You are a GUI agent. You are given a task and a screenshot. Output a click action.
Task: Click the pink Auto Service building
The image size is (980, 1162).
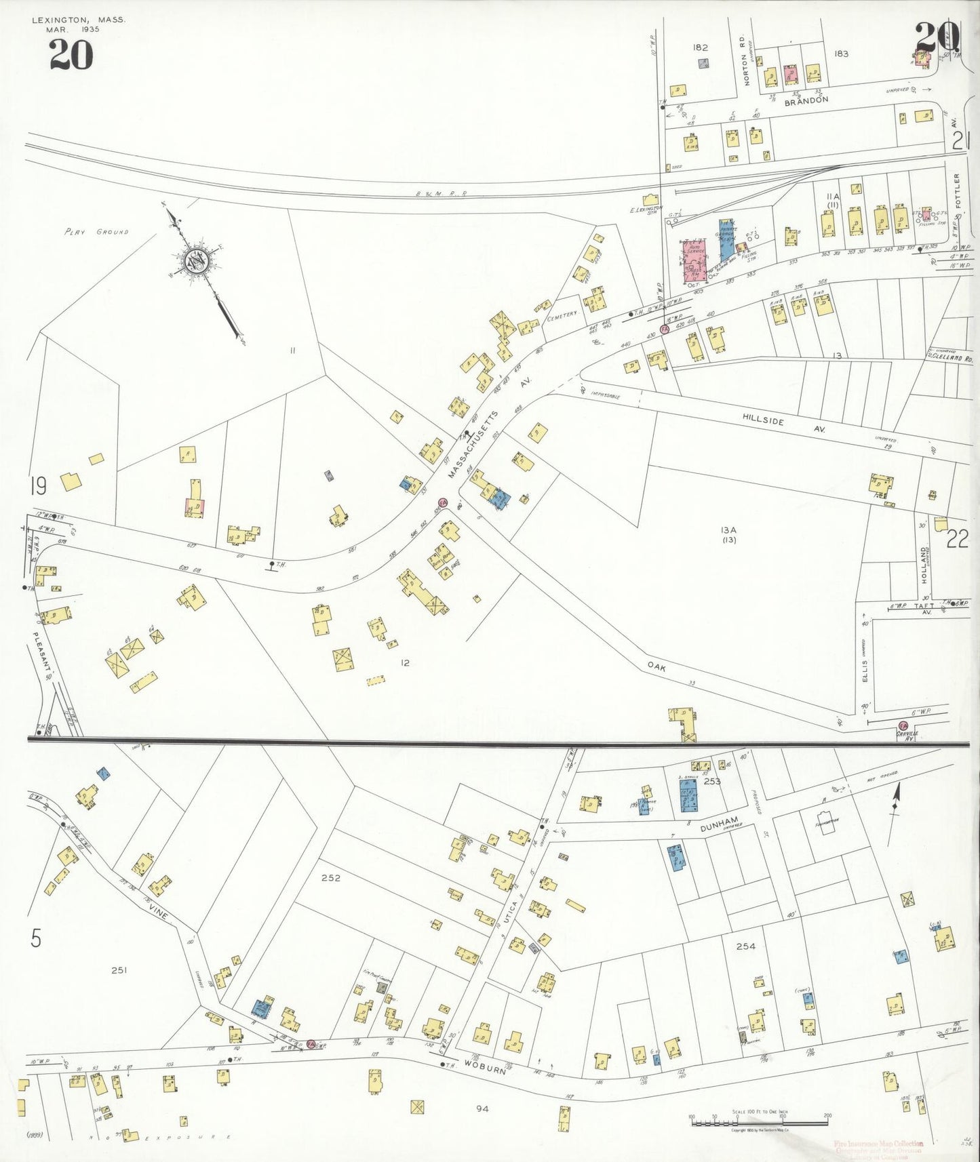(694, 260)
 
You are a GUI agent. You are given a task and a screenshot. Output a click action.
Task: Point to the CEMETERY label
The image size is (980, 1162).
(562, 314)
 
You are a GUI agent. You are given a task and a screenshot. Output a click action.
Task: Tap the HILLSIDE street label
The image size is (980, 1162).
(762, 421)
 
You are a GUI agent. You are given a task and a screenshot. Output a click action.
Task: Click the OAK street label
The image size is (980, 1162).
(656, 668)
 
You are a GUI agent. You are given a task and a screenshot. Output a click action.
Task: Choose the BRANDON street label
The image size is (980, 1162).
(806, 100)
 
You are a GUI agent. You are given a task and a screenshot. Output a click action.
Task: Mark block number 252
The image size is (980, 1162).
(330, 878)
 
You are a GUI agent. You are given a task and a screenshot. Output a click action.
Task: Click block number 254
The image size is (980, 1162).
(745, 946)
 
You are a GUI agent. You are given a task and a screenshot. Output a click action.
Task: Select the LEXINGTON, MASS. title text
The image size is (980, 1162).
(79, 20)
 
